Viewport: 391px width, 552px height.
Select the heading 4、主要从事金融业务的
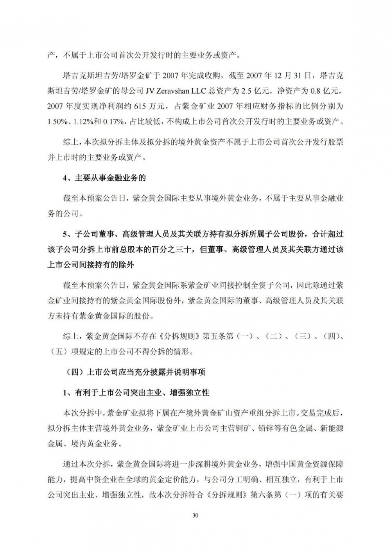pos(104,178)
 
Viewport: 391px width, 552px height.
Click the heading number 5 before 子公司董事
pos(65,235)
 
